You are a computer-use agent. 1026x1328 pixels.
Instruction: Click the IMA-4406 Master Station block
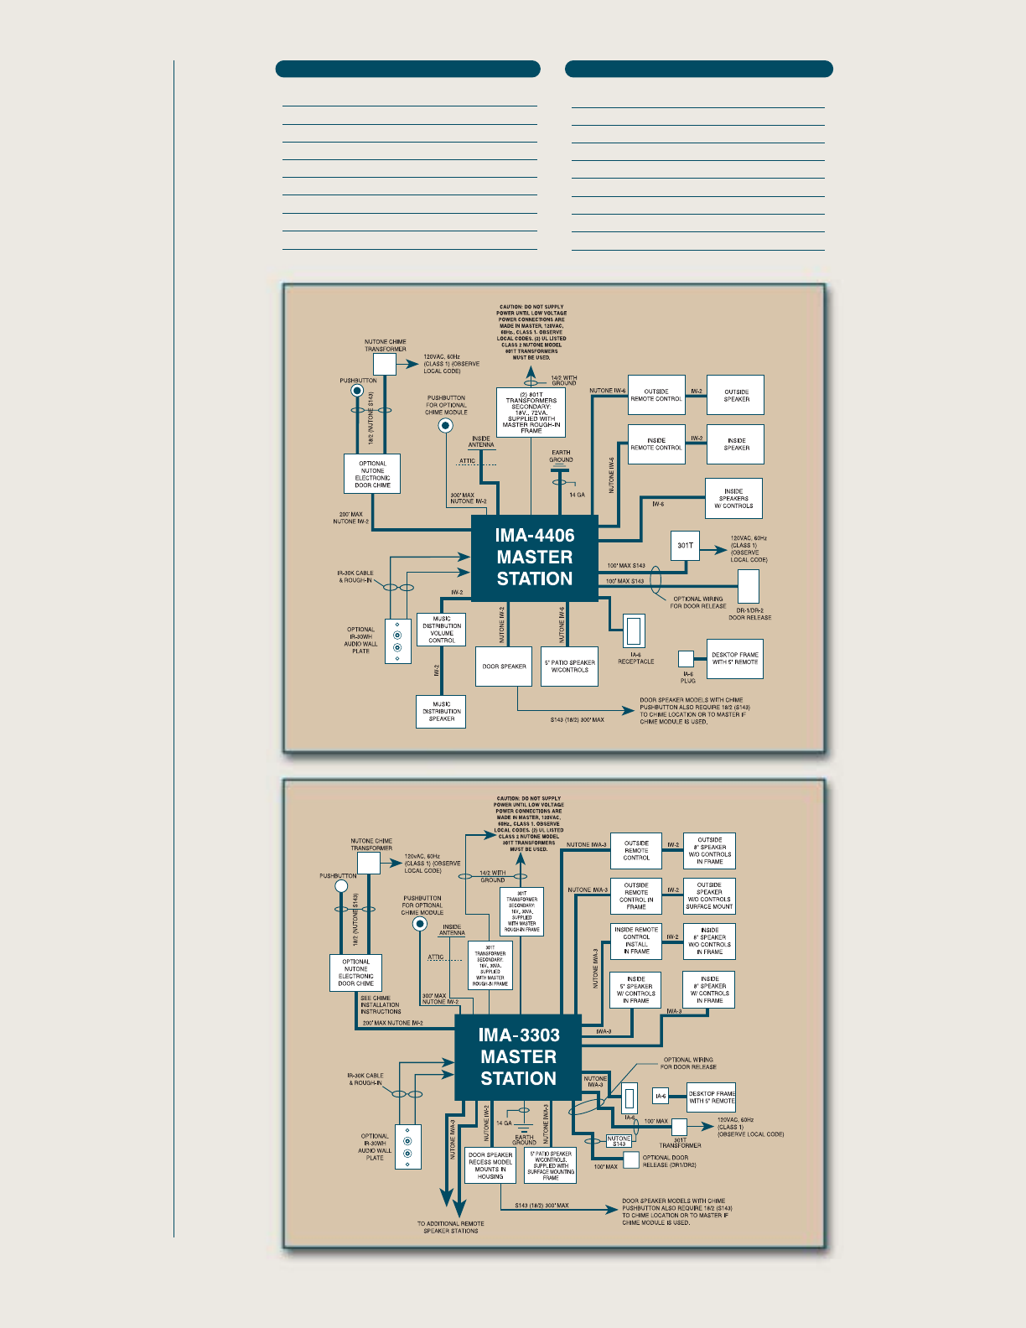[535, 558]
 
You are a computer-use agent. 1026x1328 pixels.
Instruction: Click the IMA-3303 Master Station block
[518, 1057]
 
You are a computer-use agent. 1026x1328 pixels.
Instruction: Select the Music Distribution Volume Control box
[442, 630]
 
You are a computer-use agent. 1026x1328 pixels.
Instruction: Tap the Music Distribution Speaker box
[441, 712]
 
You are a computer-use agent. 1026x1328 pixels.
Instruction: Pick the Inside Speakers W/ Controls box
[733, 499]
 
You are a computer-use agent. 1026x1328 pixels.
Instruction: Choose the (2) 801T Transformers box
[531, 412]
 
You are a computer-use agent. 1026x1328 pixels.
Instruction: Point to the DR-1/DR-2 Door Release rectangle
[749, 586]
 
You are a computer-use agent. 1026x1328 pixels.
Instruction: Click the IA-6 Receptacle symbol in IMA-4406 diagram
[634, 630]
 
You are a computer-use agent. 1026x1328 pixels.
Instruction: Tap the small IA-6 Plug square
[686, 659]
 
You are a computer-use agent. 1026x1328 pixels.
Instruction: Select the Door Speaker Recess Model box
[490, 1165]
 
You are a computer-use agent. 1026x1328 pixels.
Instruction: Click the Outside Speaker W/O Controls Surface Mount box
[709, 896]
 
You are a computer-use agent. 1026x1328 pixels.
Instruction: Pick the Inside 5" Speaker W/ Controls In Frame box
[636, 990]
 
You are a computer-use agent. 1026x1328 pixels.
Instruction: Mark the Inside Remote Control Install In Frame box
[636, 941]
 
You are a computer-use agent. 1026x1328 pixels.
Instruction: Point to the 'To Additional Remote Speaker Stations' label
[450, 1227]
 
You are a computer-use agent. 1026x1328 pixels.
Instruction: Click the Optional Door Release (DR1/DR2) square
[632, 1159]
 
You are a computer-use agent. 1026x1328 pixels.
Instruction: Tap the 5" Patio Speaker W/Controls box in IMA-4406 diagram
[570, 667]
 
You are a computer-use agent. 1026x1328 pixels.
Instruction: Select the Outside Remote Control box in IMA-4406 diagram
[656, 395]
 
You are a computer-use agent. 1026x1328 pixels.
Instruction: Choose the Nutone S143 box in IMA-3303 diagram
[619, 1141]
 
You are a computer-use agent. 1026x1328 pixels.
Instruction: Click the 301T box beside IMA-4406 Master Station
[685, 546]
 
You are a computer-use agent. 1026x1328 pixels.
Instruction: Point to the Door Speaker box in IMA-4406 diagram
[504, 667]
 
